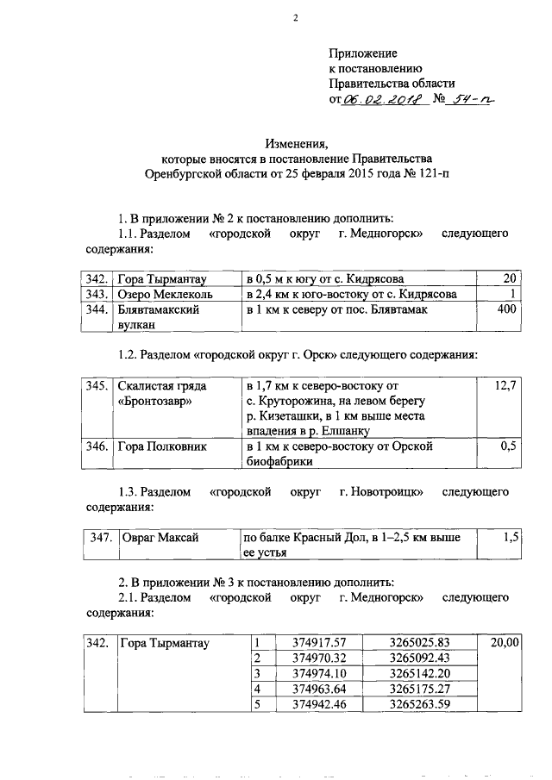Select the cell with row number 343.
point(97,294)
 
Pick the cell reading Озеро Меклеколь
point(161,294)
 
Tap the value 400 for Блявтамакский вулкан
point(503,309)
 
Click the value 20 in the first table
point(509,278)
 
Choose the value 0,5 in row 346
point(508,447)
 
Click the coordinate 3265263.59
point(420,704)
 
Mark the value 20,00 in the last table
point(504,642)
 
